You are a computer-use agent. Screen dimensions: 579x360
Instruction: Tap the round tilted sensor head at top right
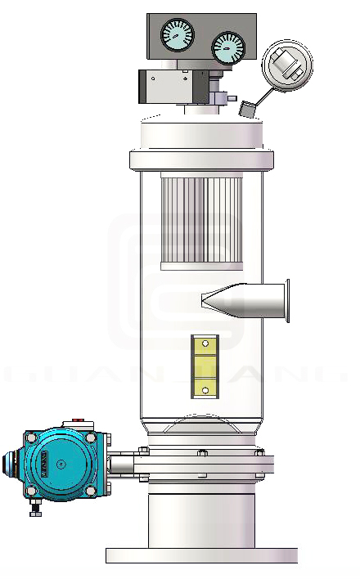(x=287, y=65)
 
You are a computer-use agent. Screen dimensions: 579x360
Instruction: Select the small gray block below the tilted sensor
(x=247, y=107)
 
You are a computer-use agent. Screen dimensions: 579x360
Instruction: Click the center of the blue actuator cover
(x=61, y=465)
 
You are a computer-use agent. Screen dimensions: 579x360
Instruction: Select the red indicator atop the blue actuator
(x=79, y=421)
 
